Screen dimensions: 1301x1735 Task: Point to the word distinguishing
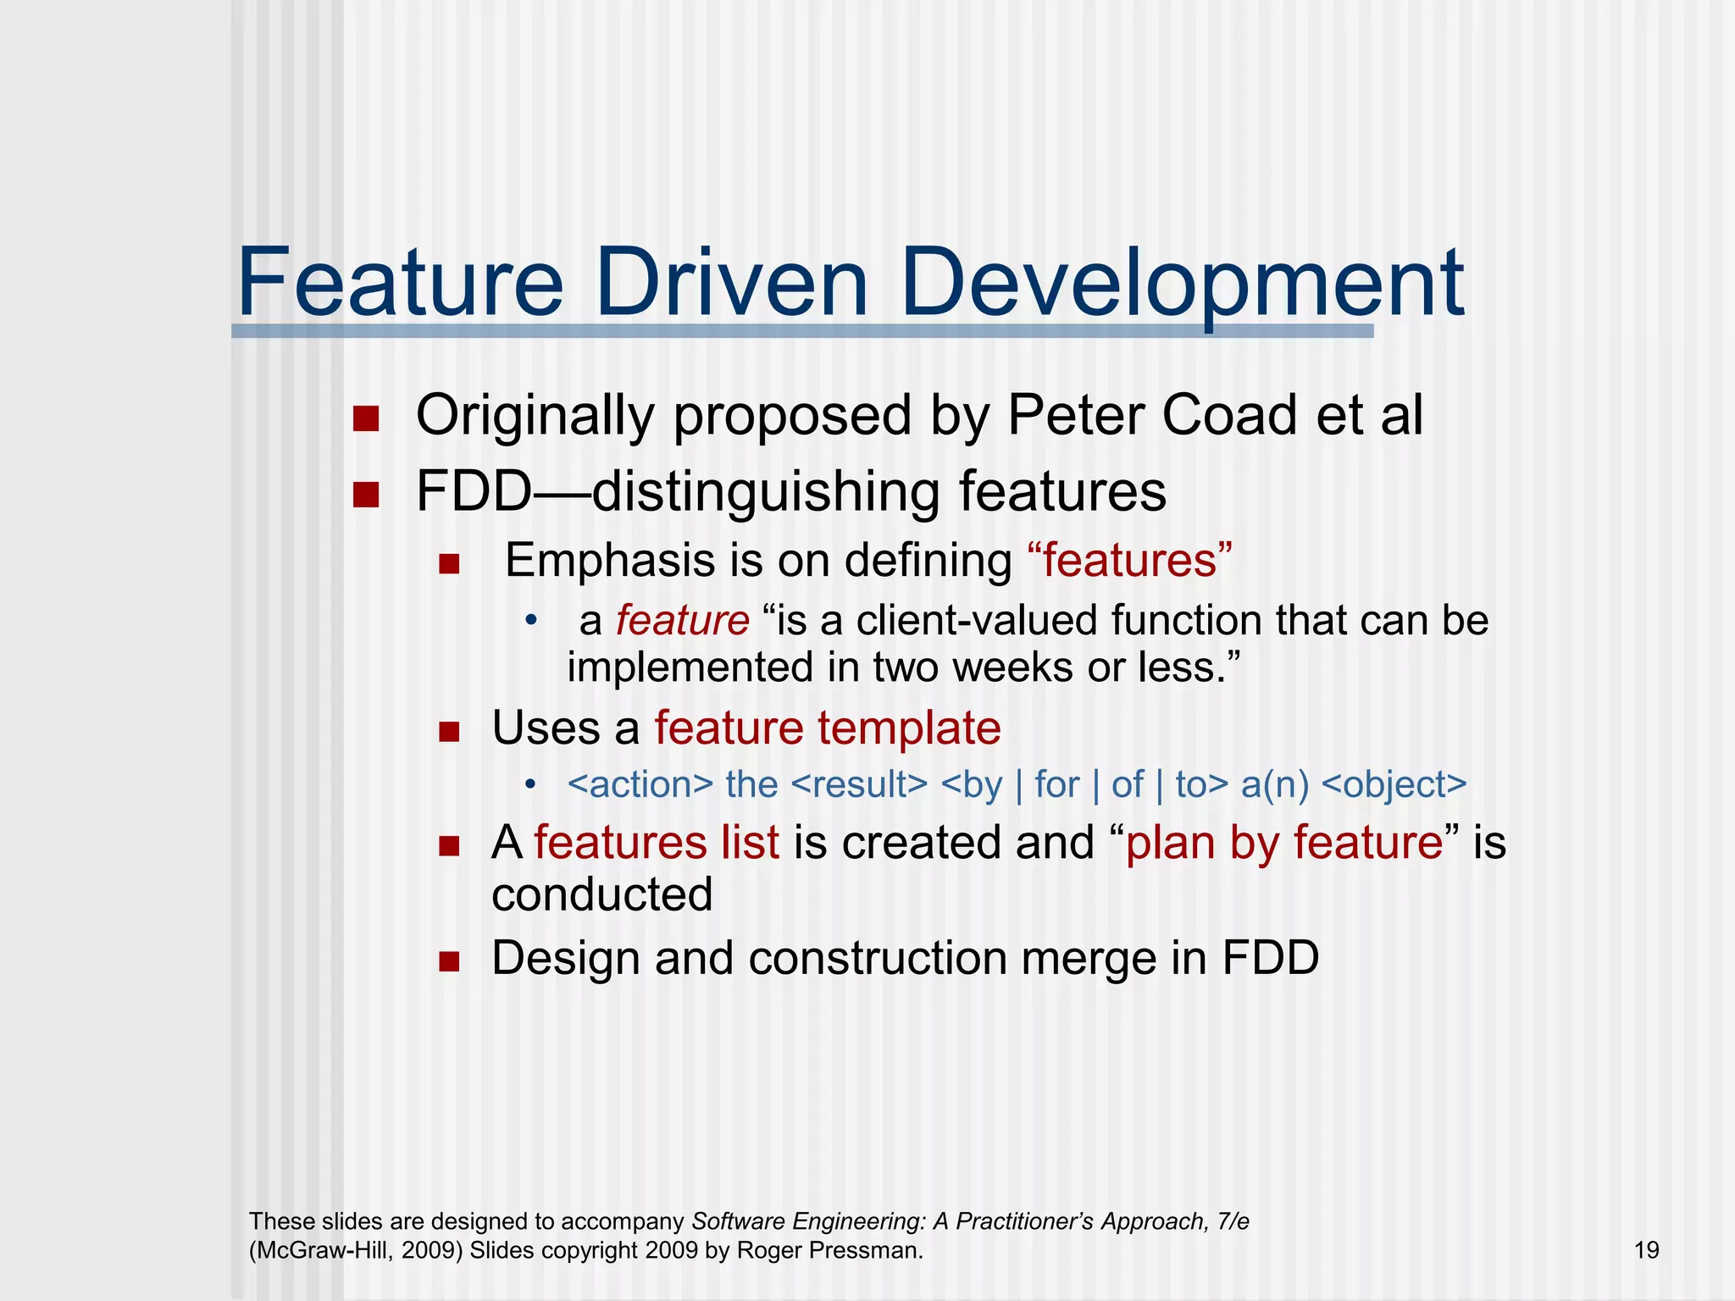(x=766, y=493)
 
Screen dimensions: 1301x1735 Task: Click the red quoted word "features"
(x=1129, y=561)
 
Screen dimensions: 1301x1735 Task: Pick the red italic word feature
(x=682, y=620)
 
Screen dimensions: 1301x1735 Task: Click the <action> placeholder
(x=640, y=784)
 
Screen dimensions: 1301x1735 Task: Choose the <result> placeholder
(x=859, y=784)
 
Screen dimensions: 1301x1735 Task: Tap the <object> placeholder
(x=1394, y=784)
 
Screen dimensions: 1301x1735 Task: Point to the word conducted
(x=602, y=894)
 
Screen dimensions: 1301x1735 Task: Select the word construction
(x=878, y=958)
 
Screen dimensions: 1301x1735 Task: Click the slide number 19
(x=1646, y=1250)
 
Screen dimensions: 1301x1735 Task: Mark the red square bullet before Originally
(x=366, y=418)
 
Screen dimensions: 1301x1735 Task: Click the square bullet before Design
(x=449, y=961)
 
